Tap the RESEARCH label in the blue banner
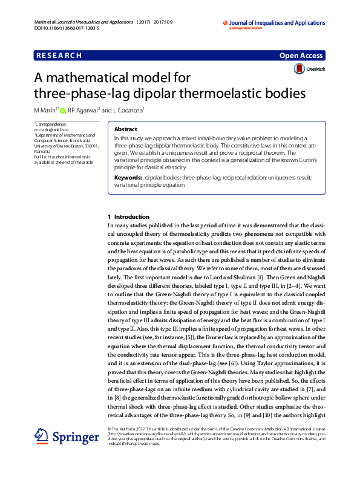[x=59, y=56]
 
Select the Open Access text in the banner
[x=301, y=56]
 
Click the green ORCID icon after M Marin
[x=62, y=111]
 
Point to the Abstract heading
[x=126, y=129]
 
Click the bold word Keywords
[x=128, y=178]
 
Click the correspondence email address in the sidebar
[x=49, y=130]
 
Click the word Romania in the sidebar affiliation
[x=42, y=151]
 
